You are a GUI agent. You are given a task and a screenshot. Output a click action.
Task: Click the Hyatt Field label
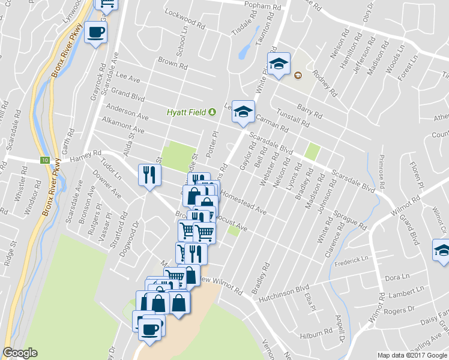click(x=186, y=112)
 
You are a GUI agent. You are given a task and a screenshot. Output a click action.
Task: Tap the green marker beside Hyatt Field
click(x=212, y=112)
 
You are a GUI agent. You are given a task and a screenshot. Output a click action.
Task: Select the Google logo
click(x=20, y=353)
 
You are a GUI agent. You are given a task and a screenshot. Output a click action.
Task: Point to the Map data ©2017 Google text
click(x=412, y=355)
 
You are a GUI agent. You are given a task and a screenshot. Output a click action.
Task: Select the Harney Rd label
click(x=83, y=155)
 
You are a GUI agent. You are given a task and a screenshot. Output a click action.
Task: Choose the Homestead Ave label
click(x=243, y=202)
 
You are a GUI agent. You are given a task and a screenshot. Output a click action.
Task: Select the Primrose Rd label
click(x=381, y=169)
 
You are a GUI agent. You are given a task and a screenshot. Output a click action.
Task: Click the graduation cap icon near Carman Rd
click(x=243, y=111)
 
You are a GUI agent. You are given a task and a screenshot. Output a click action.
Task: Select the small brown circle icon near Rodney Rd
click(x=298, y=75)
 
